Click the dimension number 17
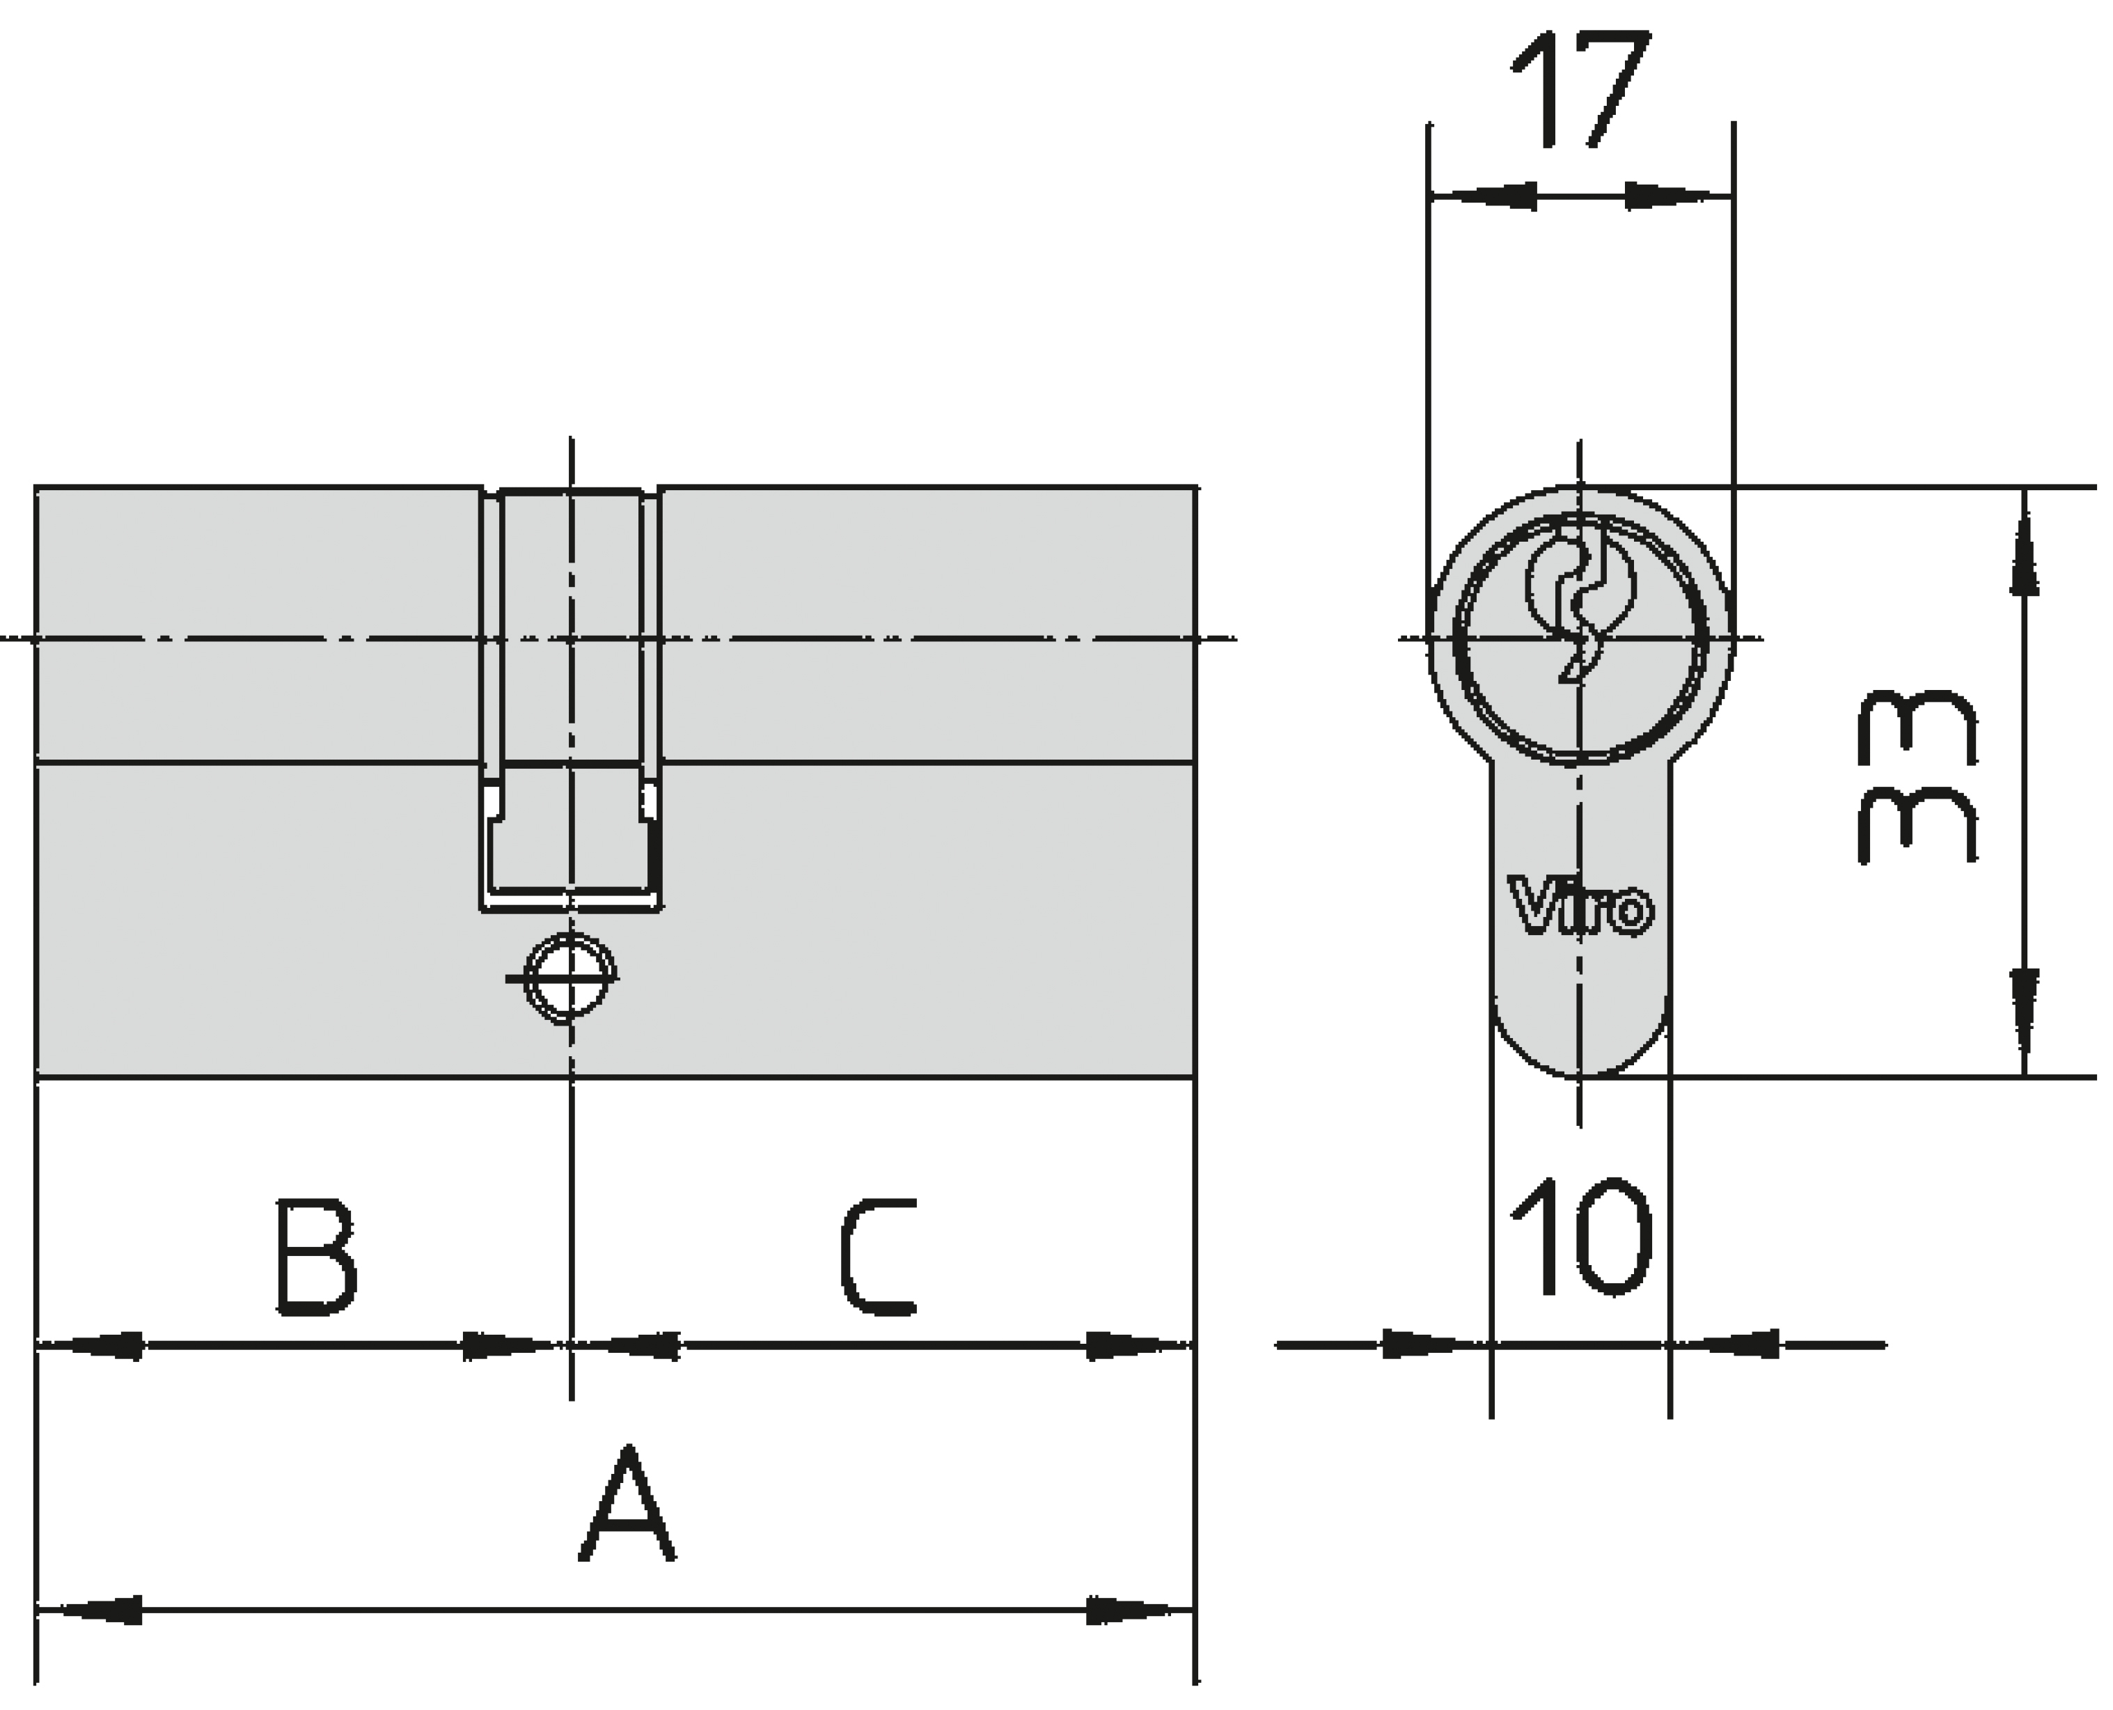(x=1581, y=88)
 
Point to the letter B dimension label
(x=315, y=1257)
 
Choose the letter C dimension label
(x=879, y=1257)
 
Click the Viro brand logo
(x=1581, y=905)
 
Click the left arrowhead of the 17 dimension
(x=1482, y=196)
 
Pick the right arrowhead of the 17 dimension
(x=1679, y=196)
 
